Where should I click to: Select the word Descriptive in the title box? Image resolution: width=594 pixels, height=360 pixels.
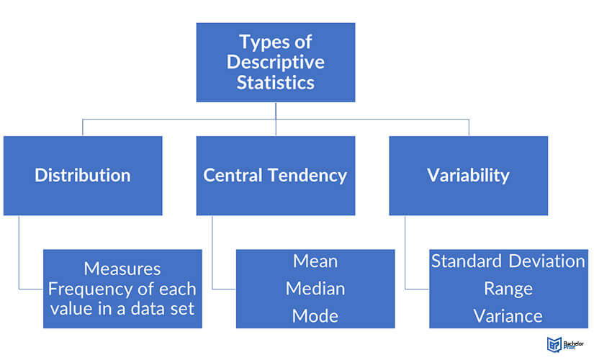tap(276, 63)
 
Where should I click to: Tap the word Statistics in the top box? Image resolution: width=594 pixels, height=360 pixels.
tap(276, 83)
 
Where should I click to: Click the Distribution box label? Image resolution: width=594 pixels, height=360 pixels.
tap(83, 175)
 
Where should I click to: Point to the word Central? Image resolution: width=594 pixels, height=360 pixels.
tap(233, 175)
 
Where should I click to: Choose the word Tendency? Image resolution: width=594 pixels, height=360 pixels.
tap(307, 176)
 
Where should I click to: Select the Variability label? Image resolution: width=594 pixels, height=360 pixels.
tap(468, 176)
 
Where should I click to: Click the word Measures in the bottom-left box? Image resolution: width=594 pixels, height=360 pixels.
tap(122, 269)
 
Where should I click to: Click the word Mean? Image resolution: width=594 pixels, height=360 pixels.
tap(315, 261)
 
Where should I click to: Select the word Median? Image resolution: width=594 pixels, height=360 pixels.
tap(315, 289)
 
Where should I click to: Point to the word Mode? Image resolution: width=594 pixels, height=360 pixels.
tap(315, 316)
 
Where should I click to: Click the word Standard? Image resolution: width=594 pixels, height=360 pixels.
tap(467, 261)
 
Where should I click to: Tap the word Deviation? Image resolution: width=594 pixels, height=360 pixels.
tap(546, 261)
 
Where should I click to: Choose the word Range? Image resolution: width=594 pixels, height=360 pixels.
tap(508, 289)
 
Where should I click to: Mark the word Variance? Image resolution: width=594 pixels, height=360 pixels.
tap(508, 316)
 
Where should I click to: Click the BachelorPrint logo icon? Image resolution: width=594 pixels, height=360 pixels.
tap(554, 344)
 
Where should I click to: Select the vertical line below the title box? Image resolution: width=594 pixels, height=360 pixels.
tap(276, 119)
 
